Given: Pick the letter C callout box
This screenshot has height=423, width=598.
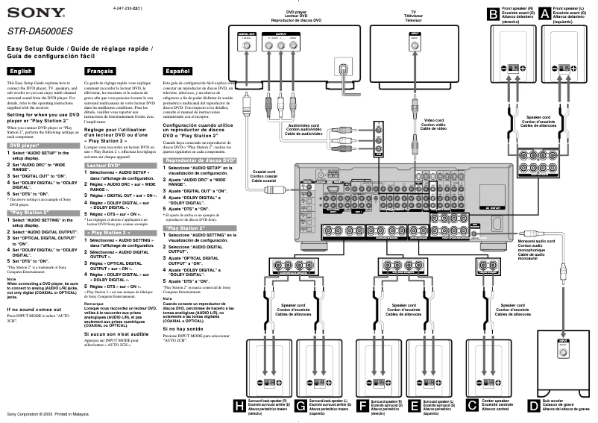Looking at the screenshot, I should coord(471,405).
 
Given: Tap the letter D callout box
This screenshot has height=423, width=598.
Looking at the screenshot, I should coord(532,405).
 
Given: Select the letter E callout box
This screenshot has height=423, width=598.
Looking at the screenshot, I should coord(415,405).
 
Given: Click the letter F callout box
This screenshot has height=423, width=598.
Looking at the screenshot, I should coord(362,405).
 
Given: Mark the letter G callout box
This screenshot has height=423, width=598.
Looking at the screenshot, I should coord(300,405).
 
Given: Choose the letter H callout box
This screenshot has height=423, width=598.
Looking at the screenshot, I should coord(239,405).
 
